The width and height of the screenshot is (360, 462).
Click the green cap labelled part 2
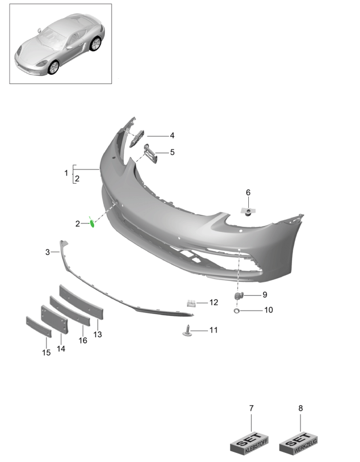(92, 223)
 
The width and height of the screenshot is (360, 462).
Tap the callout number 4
(172, 135)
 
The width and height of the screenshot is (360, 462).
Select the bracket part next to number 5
(151, 153)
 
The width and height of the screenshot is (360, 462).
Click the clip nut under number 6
(248, 211)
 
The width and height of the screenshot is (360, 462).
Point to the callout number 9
(265, 295)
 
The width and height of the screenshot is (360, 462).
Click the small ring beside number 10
(236, 311)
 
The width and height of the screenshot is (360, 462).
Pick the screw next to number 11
(187, 331)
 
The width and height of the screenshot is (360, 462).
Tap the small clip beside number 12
(191, 303)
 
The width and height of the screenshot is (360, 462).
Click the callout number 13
(98, 334)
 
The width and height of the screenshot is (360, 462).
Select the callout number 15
(46, 353)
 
